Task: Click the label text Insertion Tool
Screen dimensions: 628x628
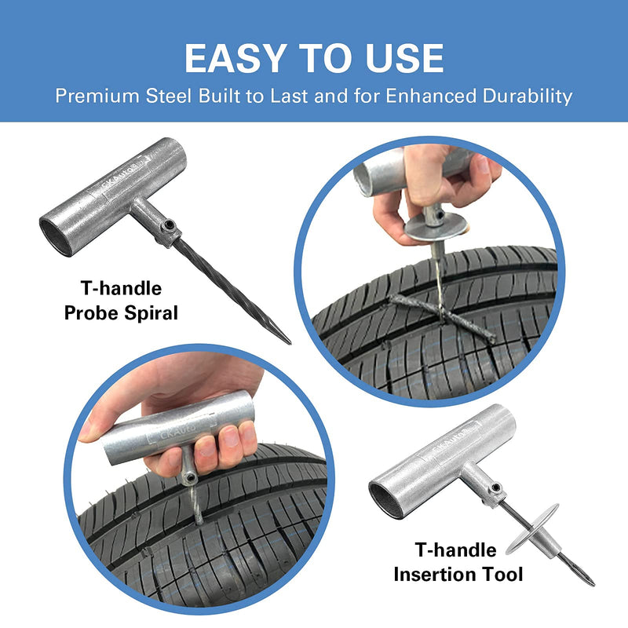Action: tap(458, 574)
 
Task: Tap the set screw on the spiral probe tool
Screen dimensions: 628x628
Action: tap(167, 227)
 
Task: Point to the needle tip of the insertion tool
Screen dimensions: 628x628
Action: tap(590, 582)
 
